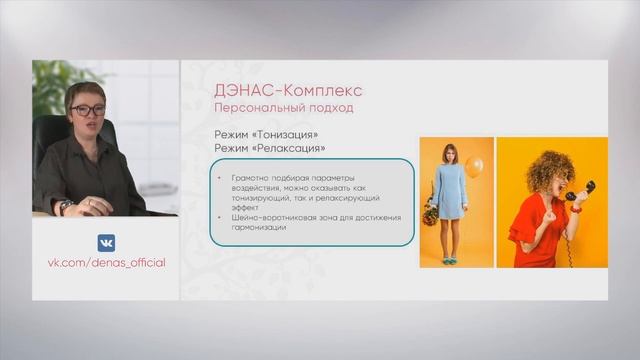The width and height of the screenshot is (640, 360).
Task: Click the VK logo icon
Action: click(106, 242)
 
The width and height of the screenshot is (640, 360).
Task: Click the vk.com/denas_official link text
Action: click(106, 263)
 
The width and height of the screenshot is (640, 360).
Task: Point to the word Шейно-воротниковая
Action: click(259, 217)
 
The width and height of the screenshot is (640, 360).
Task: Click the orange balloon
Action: click(473, 167)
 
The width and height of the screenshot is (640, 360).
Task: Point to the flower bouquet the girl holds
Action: click(430, 213)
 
